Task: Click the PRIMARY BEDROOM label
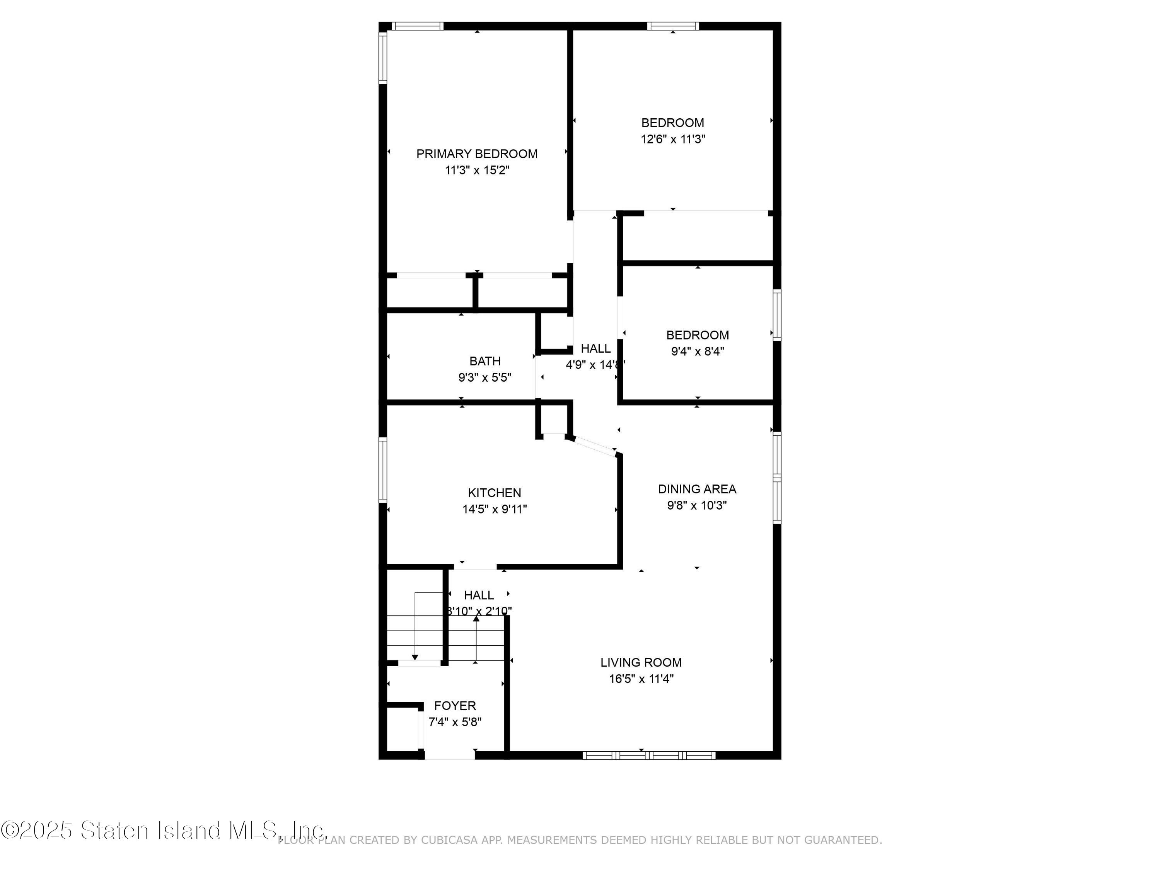pos(477,154)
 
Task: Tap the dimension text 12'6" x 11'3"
pos(672,139)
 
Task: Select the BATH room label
pos(484,361)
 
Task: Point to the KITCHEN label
pos(494,493)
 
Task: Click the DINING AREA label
pos(696,489)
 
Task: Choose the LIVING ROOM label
pos(641,662)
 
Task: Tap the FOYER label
pos(455,705)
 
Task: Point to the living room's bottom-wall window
pos(649,755)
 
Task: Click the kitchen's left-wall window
pos(383,470)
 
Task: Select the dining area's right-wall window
pos(777,477)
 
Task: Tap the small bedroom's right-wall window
pos(777,315)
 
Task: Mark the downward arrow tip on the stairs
pos(415,657)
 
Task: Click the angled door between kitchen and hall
pos(594,446)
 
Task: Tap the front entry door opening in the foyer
pos(449,755)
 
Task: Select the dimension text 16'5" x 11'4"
pos(641,679)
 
